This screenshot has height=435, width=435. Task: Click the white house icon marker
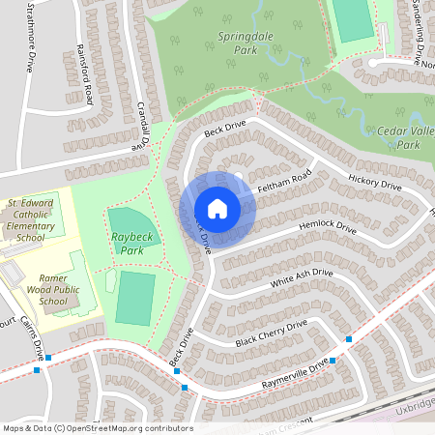[217, 209]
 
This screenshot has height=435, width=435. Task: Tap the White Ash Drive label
[301, 278]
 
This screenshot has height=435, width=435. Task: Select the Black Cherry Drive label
[271, 333]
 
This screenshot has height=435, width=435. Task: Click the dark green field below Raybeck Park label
[135, 297]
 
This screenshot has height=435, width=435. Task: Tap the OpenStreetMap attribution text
[97, 428]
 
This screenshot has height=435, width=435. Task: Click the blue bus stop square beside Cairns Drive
[48, 357]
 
